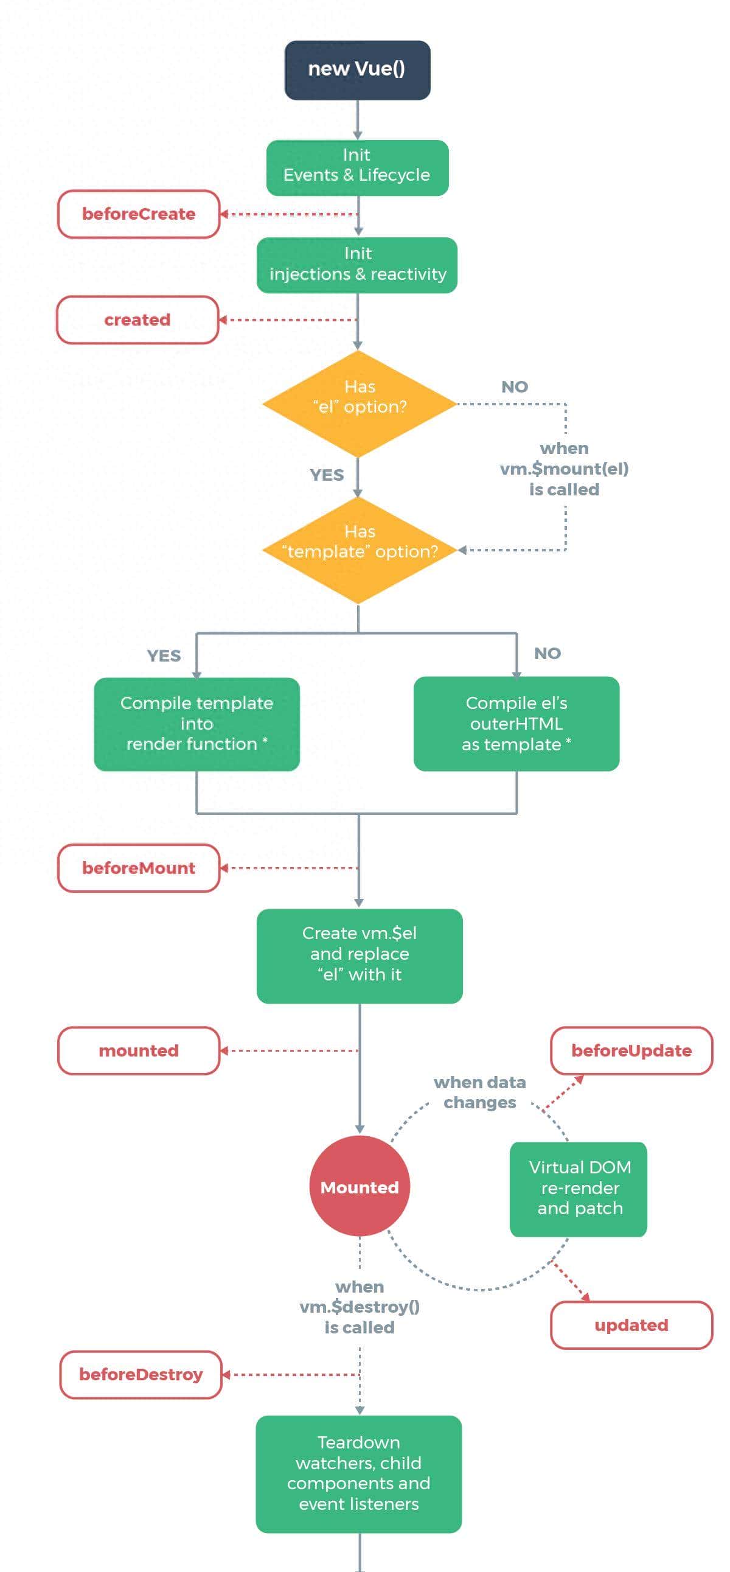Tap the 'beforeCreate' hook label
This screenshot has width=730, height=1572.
(139, 214)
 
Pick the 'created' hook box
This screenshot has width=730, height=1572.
(137, 320)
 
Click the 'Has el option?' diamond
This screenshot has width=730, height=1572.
(358, 403)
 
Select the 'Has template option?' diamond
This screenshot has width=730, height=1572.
(358, 550)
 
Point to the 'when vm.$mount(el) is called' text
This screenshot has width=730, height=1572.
(564, 469)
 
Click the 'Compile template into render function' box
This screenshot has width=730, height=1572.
(196, 724)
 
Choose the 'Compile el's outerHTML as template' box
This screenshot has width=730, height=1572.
(516, 724)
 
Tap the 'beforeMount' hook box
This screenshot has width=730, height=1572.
(139, 868)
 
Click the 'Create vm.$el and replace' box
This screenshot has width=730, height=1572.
(359, 955)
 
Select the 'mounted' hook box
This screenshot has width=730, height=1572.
(139, 1050)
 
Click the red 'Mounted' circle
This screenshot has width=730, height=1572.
(359, 1187)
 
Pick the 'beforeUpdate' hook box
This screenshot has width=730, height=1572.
(631, 1050)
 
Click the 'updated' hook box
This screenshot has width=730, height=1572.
(631, 1325)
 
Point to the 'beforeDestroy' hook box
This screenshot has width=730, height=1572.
(141, 1374)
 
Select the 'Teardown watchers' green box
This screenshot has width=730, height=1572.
(358, 1474)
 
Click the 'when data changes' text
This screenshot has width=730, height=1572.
(480, 1092)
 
